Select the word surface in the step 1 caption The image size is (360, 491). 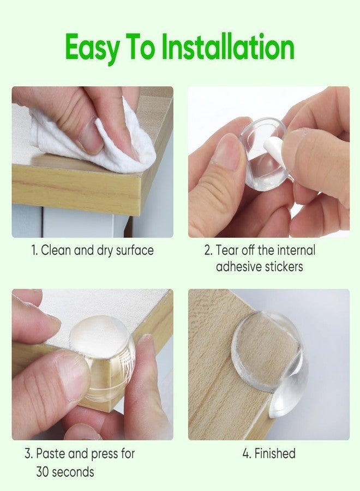click(x=135, y=250)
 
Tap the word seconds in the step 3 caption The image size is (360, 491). click(x=73, y=472)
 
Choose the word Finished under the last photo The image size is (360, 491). click(x=275, y=453)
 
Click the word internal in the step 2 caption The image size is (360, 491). click(x=296, y=250)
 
